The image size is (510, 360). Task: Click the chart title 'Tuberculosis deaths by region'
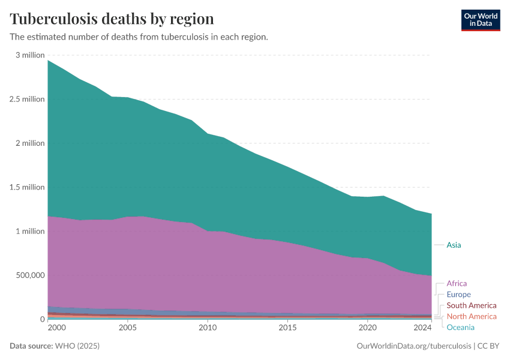(x=112, y=18)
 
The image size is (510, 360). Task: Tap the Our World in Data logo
(x=480, y=20)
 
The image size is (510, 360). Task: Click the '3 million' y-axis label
(x=30, y=55)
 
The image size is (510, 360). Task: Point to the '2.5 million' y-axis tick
(x=28, y=99)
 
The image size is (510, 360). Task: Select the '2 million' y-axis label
(x=30, y=143)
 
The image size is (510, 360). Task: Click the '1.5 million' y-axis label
(x=28, y=187)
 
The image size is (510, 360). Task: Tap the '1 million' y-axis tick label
(x=30, y=232)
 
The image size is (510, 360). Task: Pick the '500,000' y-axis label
(x=29, y=275)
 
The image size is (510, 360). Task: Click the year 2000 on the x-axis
(x=56, y=328)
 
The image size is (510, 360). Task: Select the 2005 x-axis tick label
(x=127, y=328)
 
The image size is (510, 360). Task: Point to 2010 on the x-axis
(x=208, y=328)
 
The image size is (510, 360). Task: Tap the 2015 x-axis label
(x=287, y=328)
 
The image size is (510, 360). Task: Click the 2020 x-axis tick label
(x=367, y=328)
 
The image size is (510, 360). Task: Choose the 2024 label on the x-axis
(x=422, y=328)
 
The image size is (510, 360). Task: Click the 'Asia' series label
(x=454, y=245)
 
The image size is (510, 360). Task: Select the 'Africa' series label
(x=457, y=283)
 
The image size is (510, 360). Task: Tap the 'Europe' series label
(x=458, y=295)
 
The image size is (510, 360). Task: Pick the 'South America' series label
(x=471, y=305)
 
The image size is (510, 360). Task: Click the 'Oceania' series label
(x=460, y=327)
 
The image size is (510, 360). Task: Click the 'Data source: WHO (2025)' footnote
(x=55, y=346)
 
